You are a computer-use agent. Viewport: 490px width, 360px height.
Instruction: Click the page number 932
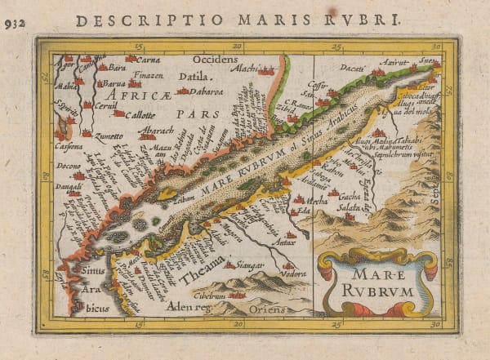coord(13,23)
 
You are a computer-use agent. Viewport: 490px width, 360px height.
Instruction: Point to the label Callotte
coord(142,114)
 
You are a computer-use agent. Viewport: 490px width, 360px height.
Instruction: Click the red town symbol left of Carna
coord(131,59)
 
